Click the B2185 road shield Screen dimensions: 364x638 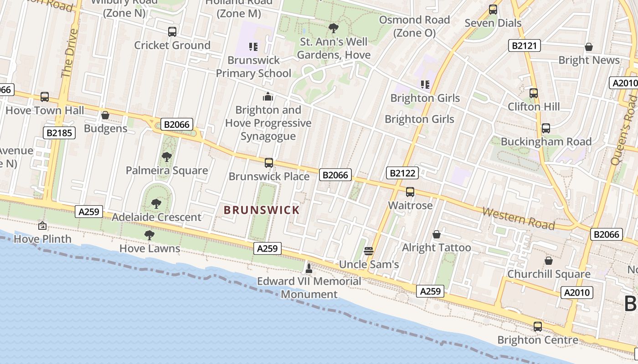pos(59,133)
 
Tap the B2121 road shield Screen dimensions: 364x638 pos(524,45)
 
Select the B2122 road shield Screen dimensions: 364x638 pos(402,173)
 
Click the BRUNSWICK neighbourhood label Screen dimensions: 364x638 pos(262,210)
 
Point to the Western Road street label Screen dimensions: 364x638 pos(518,218)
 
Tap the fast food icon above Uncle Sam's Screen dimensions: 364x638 pos(369,251)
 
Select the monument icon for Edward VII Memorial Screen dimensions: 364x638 pos(309,268)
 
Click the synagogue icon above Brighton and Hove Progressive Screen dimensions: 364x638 pos(268,96)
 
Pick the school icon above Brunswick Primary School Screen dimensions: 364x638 pos(253,46)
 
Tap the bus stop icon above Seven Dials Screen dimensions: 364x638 pos(493,9)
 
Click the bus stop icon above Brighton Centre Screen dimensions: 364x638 pos(538,326)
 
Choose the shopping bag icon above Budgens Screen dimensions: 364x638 pos(105,115)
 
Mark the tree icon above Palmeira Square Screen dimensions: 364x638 pos(167,157)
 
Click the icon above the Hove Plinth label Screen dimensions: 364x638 pos(42,225)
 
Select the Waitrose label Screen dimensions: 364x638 pos(410,206)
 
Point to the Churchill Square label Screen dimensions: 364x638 pos(549,274)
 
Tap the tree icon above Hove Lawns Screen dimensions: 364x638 pos(149,235)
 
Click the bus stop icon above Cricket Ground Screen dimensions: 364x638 pos(172,32)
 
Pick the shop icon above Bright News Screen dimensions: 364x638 pos(589,47)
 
